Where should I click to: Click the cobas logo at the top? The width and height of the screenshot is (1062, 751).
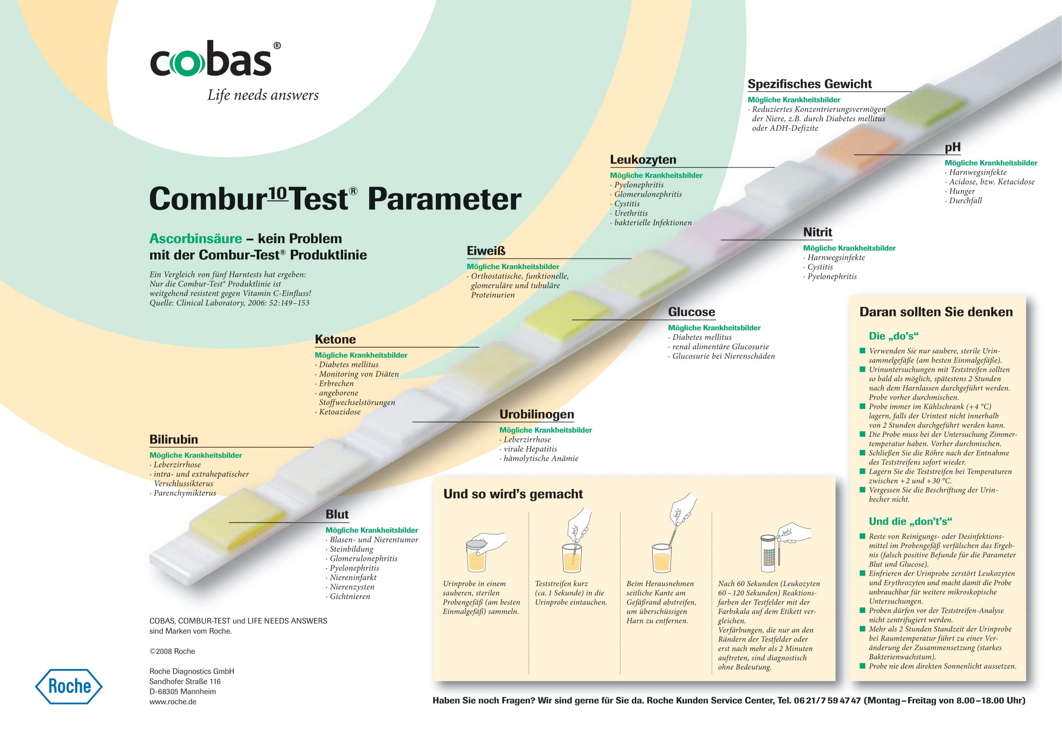click(x=215, y=59)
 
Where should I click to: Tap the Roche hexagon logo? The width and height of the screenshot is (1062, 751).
click(x=69, y=686)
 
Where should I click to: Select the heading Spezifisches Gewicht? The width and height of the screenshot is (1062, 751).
click(x=809, y=84)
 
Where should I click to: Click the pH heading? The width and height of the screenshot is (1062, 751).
click(x=952, y=148)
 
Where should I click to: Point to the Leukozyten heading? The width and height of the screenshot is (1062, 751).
click(x=643, y=160)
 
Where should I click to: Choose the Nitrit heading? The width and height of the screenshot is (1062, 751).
click(x=817, y=232)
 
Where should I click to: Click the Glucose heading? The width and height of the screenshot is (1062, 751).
click(x=692, y=312)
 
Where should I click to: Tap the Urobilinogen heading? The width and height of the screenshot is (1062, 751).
click(x=536, y=415)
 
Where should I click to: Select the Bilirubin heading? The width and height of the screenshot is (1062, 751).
click(x=173, y=439)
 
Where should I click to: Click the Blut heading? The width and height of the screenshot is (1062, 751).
click(x=337, y=514)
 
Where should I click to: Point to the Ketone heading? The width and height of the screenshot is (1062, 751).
click(x=335, y=340)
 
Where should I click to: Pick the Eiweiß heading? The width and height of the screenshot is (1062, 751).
click(x=486, y=251)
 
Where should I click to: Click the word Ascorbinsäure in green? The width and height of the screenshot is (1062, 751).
click(x=195, y=239)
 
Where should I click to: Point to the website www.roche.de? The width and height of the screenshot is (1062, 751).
click(x=173, y=702)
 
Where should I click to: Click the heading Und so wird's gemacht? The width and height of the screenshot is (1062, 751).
click(x=513, y=494)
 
